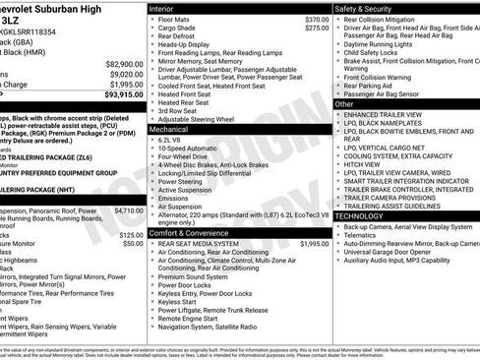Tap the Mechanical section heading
168,129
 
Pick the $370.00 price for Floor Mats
317,20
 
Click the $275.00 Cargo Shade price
317,29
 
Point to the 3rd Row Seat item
177,110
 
